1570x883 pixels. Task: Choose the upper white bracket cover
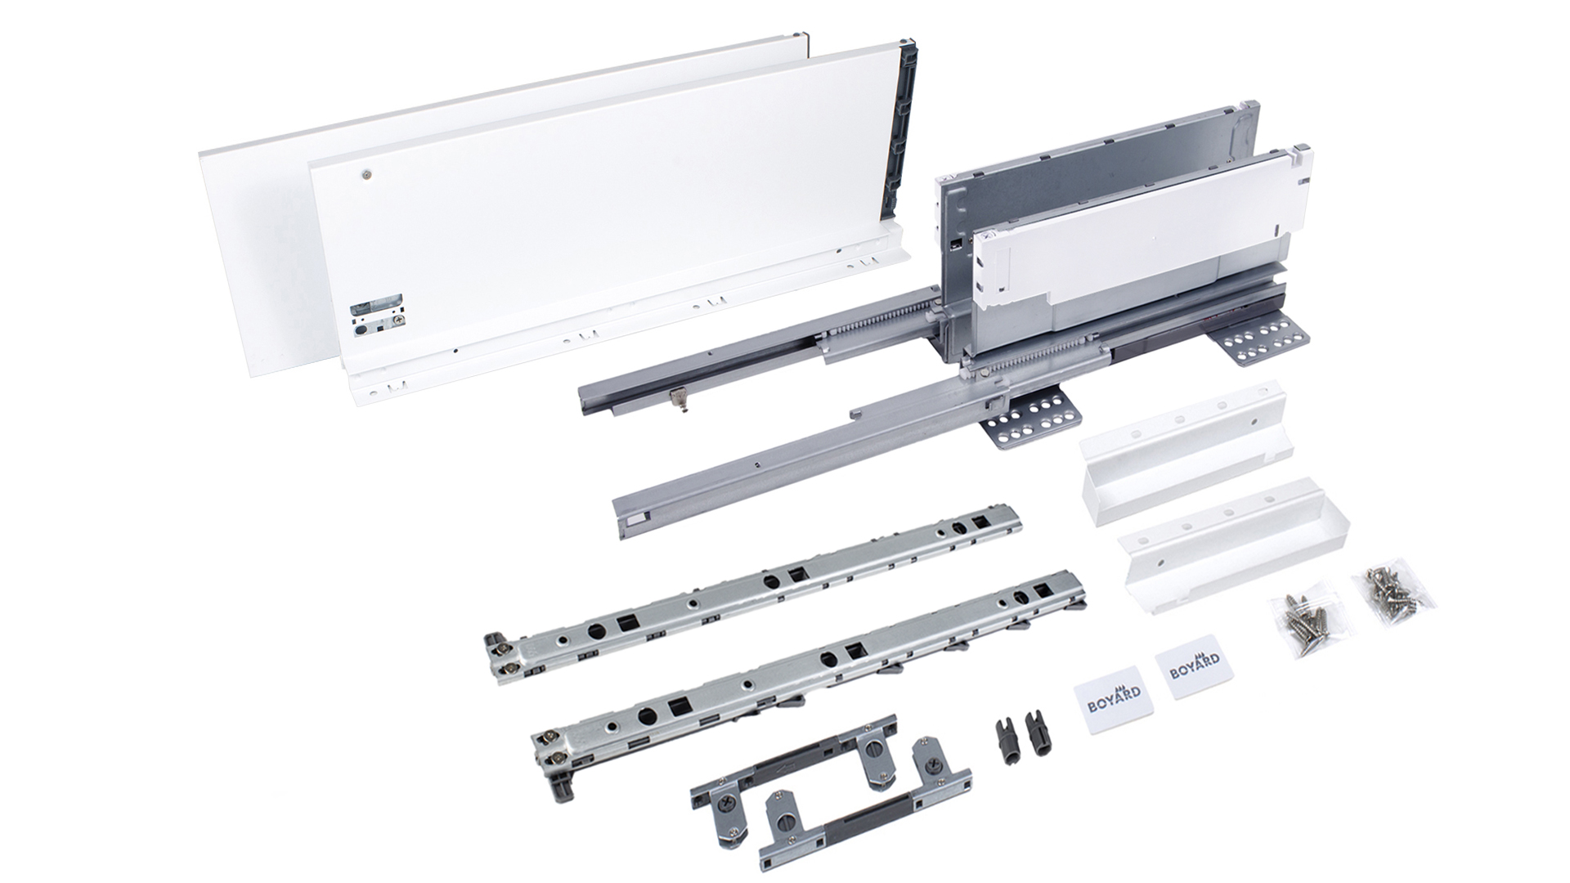tap(1182, 446)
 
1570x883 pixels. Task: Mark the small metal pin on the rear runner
tap(674, 398)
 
